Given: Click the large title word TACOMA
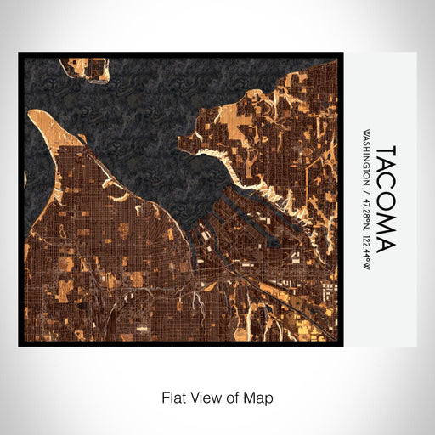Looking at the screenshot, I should point(384,197).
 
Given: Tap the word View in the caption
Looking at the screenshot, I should point(204,397).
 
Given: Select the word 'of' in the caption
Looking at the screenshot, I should point(233,397).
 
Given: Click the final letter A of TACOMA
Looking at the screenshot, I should point(384,245).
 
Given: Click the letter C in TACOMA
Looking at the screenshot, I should point(384,185).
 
